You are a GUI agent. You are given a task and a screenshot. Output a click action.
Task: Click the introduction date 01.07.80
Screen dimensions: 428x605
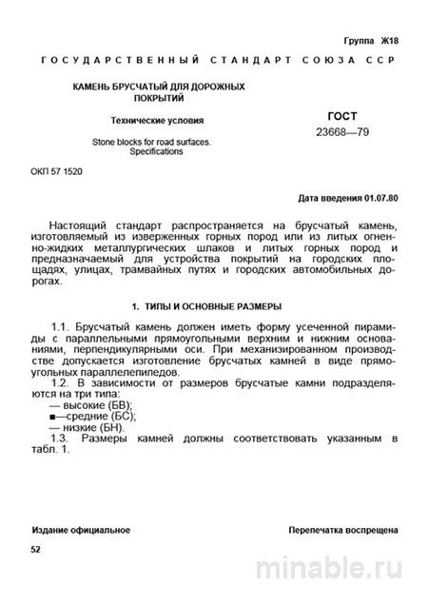click(381, 200)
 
